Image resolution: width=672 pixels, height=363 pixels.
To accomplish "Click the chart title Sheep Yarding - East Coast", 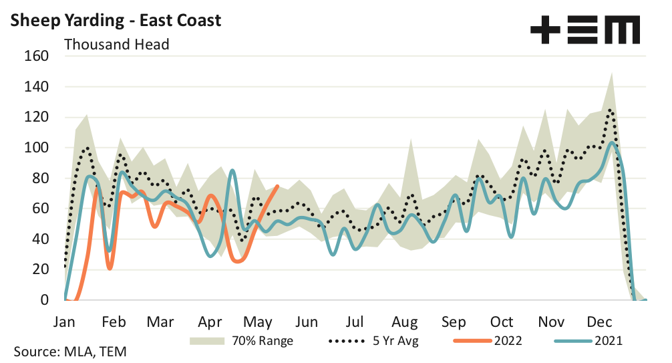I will tap(116, 20).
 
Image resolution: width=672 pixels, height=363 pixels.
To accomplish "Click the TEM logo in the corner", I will tap(584, 30).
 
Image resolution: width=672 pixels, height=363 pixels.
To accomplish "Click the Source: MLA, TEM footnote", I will tap(69, 352).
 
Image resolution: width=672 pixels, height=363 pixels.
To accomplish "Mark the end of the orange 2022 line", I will tap(277, 187).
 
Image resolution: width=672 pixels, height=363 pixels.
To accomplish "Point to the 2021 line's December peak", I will tap(611, 142).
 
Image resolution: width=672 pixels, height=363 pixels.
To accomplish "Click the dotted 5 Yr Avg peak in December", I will tap(609, 110).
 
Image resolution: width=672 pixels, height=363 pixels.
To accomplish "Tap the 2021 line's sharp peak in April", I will tap(232, 170).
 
